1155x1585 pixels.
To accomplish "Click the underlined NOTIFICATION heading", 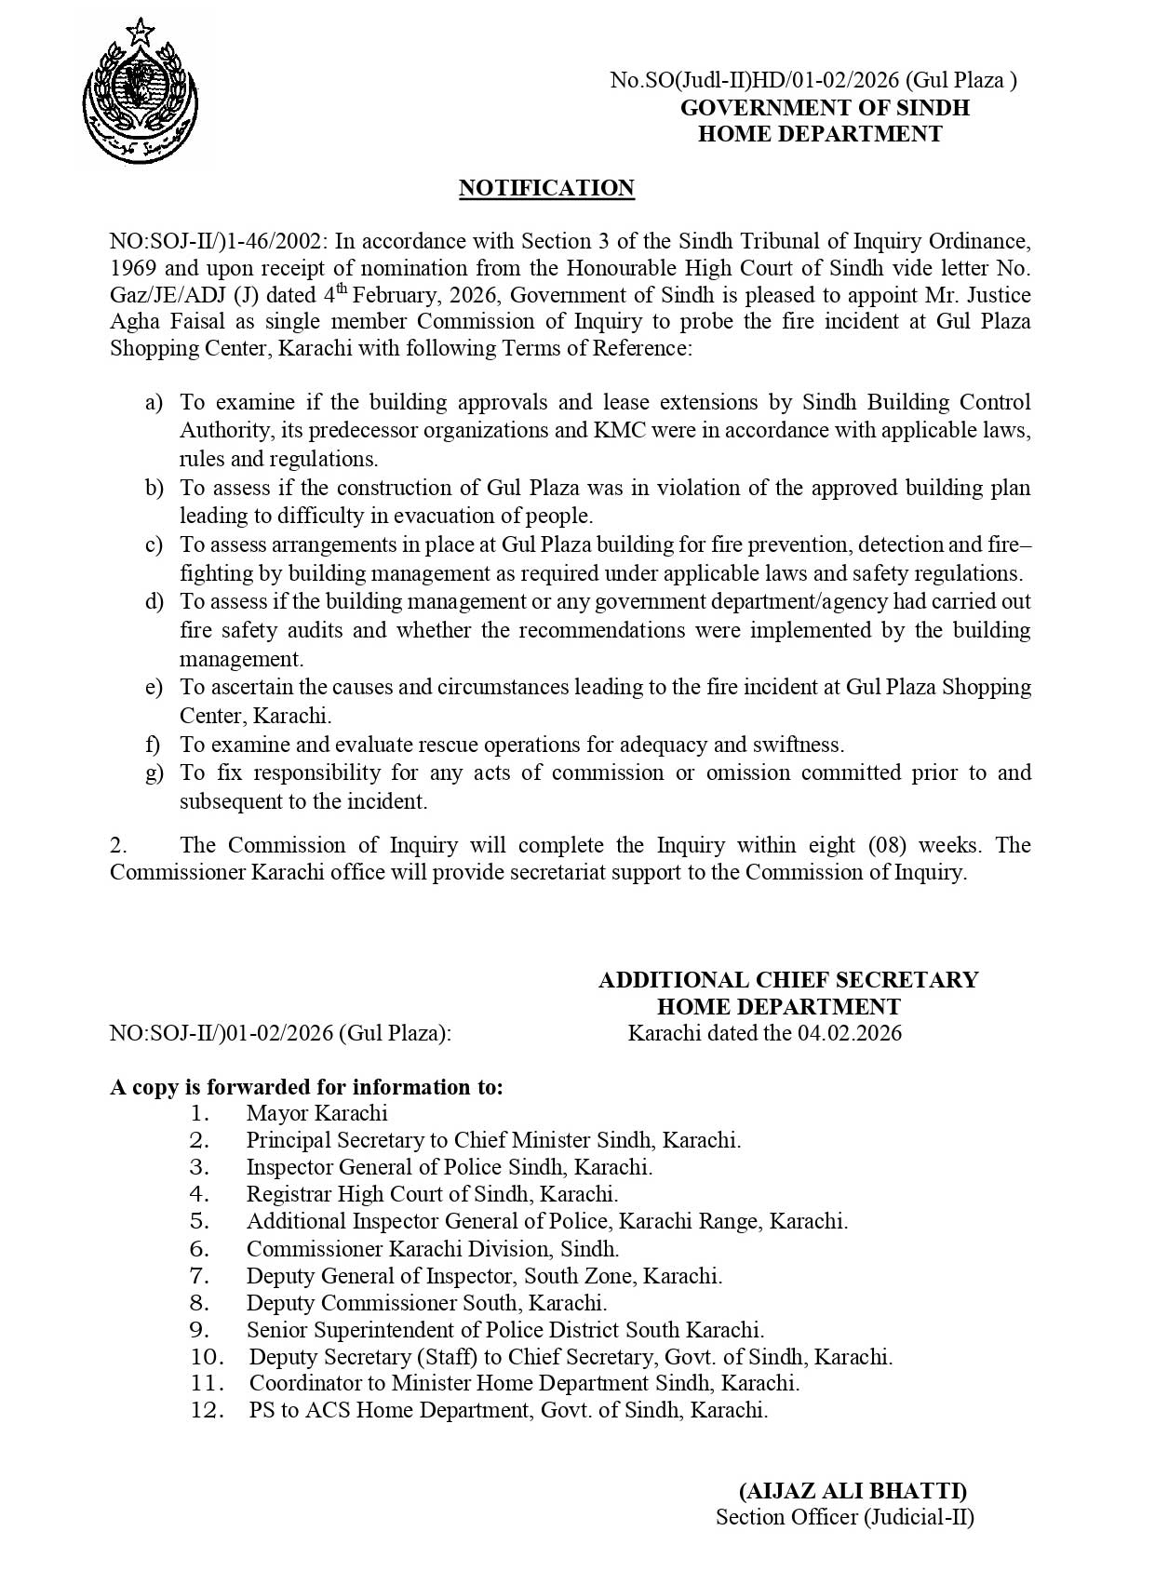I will coord(546,188).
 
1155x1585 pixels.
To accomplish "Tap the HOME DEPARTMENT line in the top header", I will coord(820,134).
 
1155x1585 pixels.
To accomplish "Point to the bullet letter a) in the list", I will coord(154,402).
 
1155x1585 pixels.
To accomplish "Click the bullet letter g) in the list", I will coord(154,772).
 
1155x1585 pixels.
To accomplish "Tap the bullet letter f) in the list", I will coord(153,745).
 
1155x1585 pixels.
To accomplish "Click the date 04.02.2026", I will coord(849,1032).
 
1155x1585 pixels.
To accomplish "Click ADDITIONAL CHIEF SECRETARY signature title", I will coord(787,980).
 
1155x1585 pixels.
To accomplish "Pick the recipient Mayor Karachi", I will coord(316,1113).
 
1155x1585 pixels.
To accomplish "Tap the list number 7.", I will coord(199,1276).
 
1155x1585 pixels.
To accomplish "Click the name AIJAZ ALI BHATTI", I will coord(853,1491).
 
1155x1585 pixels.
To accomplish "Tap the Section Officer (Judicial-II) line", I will coord(844,1517).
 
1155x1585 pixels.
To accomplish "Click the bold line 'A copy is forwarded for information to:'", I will coord(306,1087).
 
